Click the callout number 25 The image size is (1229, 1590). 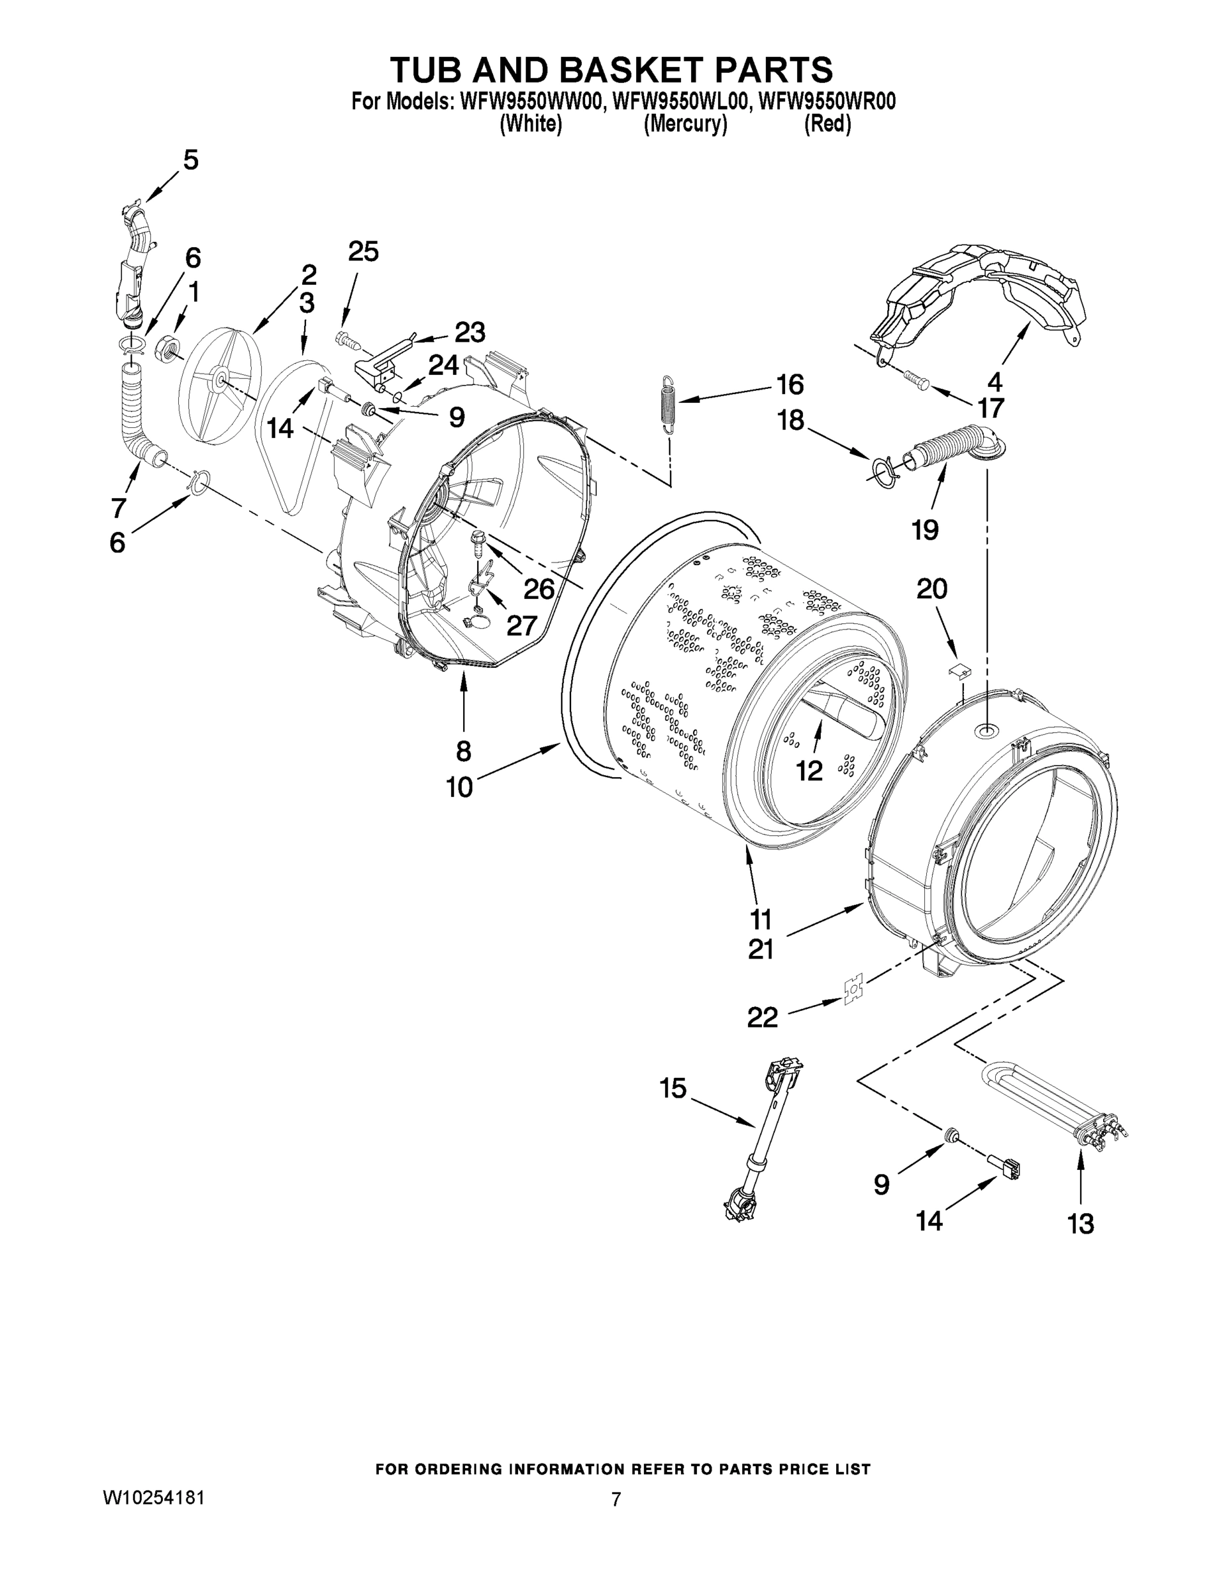pyautogui.click(x=363, y=252)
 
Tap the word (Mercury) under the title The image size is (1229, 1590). pyautogui.click(x=685, y=125)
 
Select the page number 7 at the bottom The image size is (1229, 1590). pyautogui.click(x=616, y=1500)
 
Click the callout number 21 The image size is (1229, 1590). pyautogui.click(x=761, y=949)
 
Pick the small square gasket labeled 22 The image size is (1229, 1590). pyautogui.click(x=852, y=992)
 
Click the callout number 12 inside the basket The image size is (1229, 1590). pyautogui.click(x=809, y=770)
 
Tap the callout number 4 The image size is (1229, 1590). pyautogui.click(x=994, y=382)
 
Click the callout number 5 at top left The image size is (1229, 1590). pyautogui.click(x=190, y=160)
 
